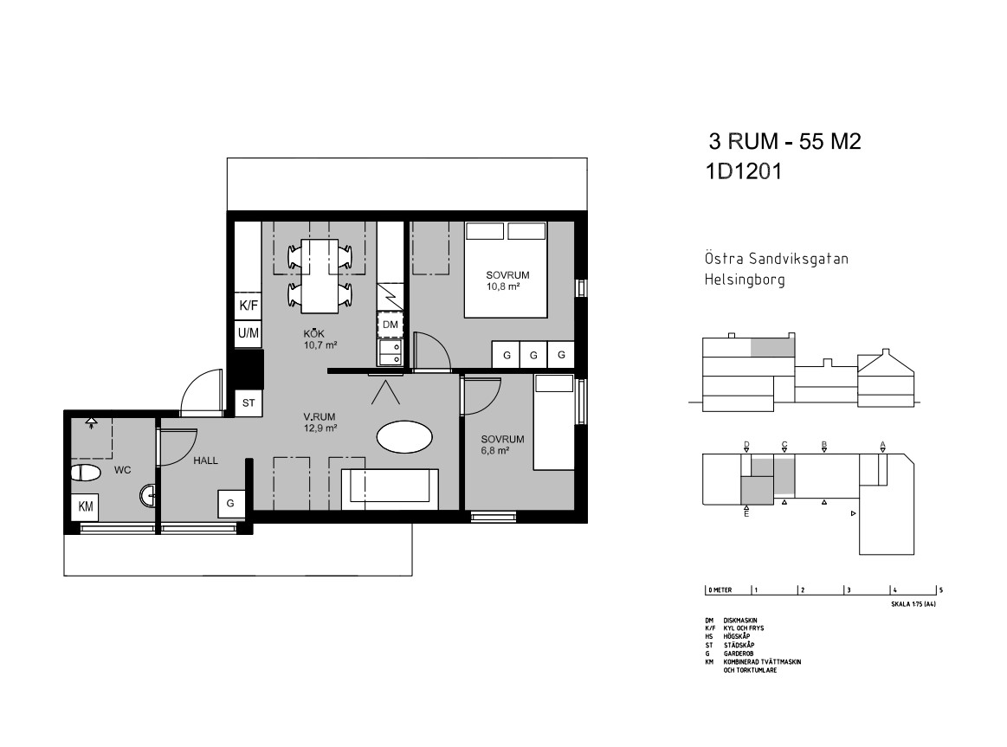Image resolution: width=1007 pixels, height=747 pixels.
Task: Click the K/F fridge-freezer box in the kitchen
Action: pos(248,305)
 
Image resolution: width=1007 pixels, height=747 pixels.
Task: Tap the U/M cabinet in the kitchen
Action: pos(248,333)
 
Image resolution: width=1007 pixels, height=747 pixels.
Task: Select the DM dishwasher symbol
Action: pos(390,325)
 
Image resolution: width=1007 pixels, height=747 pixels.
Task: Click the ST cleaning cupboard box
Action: pos(249,403)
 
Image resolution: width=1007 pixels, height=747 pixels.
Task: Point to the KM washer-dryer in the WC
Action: pos(85,506)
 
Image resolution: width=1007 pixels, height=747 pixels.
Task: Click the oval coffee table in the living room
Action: pos(404,437)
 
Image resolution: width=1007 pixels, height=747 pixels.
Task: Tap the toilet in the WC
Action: pos(86,473)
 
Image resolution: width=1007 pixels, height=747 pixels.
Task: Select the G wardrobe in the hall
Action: pos(230,504)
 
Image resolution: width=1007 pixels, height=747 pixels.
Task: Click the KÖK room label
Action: pos(314,334)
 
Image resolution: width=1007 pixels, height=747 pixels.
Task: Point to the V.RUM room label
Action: pos(320,416)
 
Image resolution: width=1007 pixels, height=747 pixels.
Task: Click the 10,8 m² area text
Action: pos(503,287)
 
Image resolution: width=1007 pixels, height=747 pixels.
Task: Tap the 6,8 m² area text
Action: pos(495,450)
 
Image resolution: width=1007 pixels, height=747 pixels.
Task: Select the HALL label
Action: pos(205,460)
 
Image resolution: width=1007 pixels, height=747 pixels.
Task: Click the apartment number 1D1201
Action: pos(744,171)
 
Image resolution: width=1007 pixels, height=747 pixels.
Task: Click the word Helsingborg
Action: pos(745,280)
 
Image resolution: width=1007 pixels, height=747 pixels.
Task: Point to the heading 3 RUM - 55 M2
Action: pos(784,141)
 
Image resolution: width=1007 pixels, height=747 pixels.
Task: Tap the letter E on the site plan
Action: pos(746,513)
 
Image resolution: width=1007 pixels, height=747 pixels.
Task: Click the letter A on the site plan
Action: pos(882,444)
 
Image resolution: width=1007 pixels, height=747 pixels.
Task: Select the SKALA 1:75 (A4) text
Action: pos(913,604)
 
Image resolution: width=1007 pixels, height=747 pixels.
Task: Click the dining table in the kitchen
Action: pos(320,276)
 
